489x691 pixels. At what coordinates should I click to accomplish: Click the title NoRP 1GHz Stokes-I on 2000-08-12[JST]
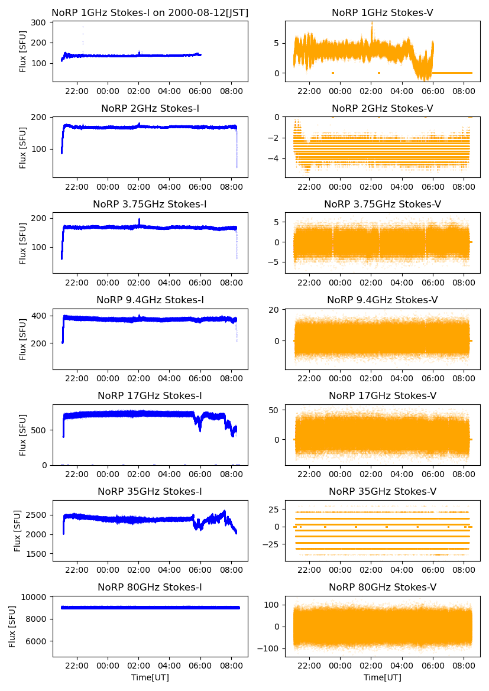pyautogui.click(x=150, y=12)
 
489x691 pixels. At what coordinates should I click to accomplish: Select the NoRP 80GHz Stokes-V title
pyautogui.click(x=382, y=587)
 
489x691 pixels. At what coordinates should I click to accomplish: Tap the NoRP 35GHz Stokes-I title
pyautogui.click(x=150, y=491)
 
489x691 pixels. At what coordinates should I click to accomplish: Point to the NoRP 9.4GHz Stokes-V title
pyautogui.click(x=382, y=300)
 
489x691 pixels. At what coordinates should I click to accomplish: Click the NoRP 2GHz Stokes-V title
pyautogui.click(x=382, y=108)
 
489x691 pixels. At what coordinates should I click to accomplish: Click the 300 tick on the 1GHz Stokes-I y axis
pyautogui.click(x=40, y=22)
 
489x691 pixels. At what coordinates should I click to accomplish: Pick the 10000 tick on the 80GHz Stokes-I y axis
pyautogui.click(x=35, y=597)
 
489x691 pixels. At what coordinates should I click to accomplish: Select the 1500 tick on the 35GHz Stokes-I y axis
pyautogui.click(x=37, y=554)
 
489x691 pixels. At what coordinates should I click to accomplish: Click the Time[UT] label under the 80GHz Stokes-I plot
pyautogui.click(x=150, y=677)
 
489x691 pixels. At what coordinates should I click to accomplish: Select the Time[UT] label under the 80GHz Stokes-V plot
pyautogui.click(x=382, y=677)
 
